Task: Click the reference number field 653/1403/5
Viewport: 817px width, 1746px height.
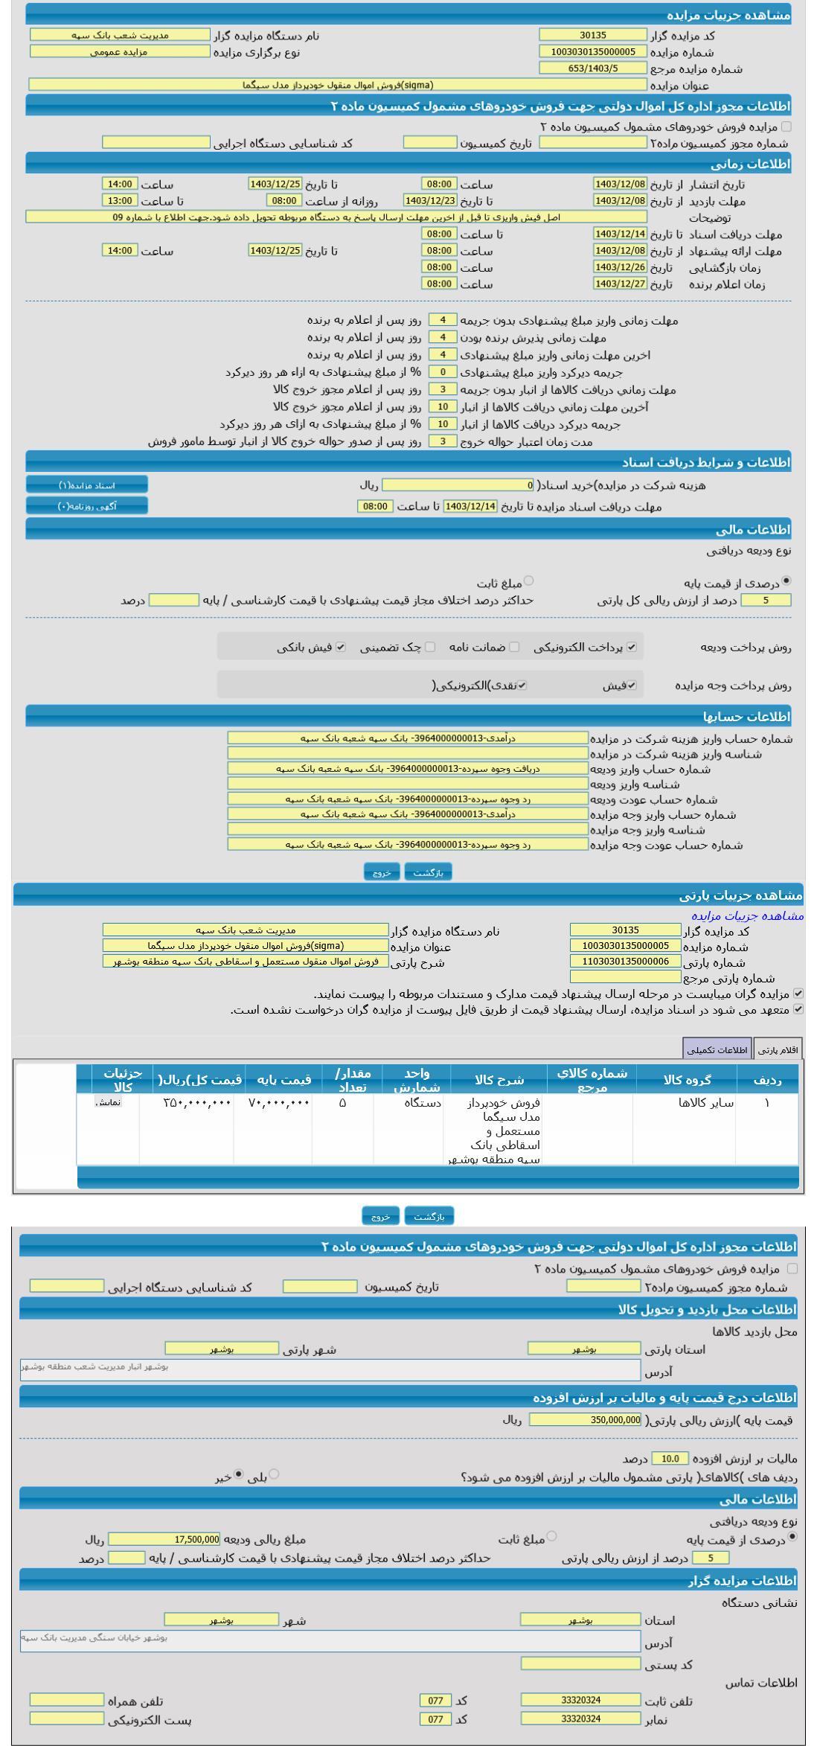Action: click(593, 68)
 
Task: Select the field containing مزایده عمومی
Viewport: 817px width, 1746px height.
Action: click(120, 51)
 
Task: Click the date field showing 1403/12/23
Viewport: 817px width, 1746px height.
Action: click(429, 200)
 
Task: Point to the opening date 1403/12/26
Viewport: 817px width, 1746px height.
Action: click(620, 267)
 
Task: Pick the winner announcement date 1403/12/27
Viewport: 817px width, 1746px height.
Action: click(620, 284)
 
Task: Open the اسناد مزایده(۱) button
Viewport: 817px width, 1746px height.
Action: click(87, 485)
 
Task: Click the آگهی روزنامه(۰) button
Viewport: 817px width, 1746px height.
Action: click(87, 506)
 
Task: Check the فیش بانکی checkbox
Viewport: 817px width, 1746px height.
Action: click(341, 647)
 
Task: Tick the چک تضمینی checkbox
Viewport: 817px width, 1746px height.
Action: click(430, 647)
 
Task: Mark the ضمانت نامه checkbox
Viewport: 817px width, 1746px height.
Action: click(514, 647)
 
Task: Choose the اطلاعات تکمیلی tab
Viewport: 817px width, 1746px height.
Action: click(717, 1049)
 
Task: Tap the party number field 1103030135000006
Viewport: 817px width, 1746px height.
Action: click(625, 962)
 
